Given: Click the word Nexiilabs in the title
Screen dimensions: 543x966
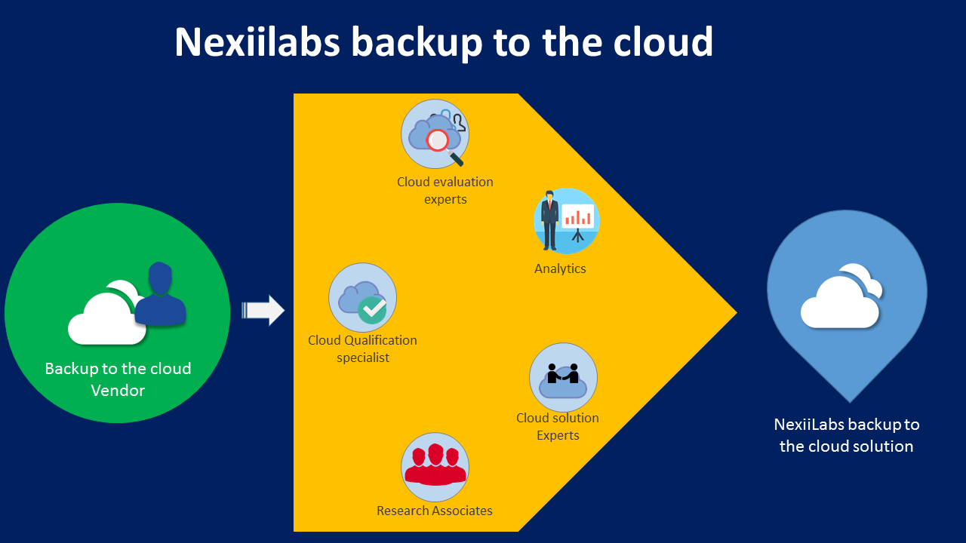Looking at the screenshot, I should click(257, 42).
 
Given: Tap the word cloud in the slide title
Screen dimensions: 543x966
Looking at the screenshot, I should click(663, 42).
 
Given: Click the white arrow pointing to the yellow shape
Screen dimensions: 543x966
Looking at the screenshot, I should click(263, 310).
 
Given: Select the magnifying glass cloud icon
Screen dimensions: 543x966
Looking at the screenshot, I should click(435, 134).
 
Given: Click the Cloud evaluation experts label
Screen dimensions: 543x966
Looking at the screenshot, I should click(445, 191).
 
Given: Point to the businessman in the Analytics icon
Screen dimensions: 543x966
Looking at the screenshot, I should click(549, 219).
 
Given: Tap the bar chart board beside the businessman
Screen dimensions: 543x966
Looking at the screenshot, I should click(578, 219).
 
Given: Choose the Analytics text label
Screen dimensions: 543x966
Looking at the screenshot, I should click(560, 268).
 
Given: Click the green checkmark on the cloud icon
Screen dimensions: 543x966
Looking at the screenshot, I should click(371, 308).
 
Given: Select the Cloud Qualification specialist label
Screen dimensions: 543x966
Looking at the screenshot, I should click(362, 348).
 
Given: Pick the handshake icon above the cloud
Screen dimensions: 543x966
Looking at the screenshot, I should click(563, 373).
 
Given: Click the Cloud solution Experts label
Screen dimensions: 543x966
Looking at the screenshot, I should click(558, 426).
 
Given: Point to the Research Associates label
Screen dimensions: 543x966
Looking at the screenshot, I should click(435, 511).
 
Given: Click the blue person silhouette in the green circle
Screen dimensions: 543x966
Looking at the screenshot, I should click(160, 294).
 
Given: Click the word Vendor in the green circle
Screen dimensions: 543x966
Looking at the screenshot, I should click(118, 391).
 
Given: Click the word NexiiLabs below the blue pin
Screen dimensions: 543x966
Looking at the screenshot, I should click(808, 425).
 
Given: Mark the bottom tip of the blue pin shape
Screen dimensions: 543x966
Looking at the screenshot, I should click(850, 401).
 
